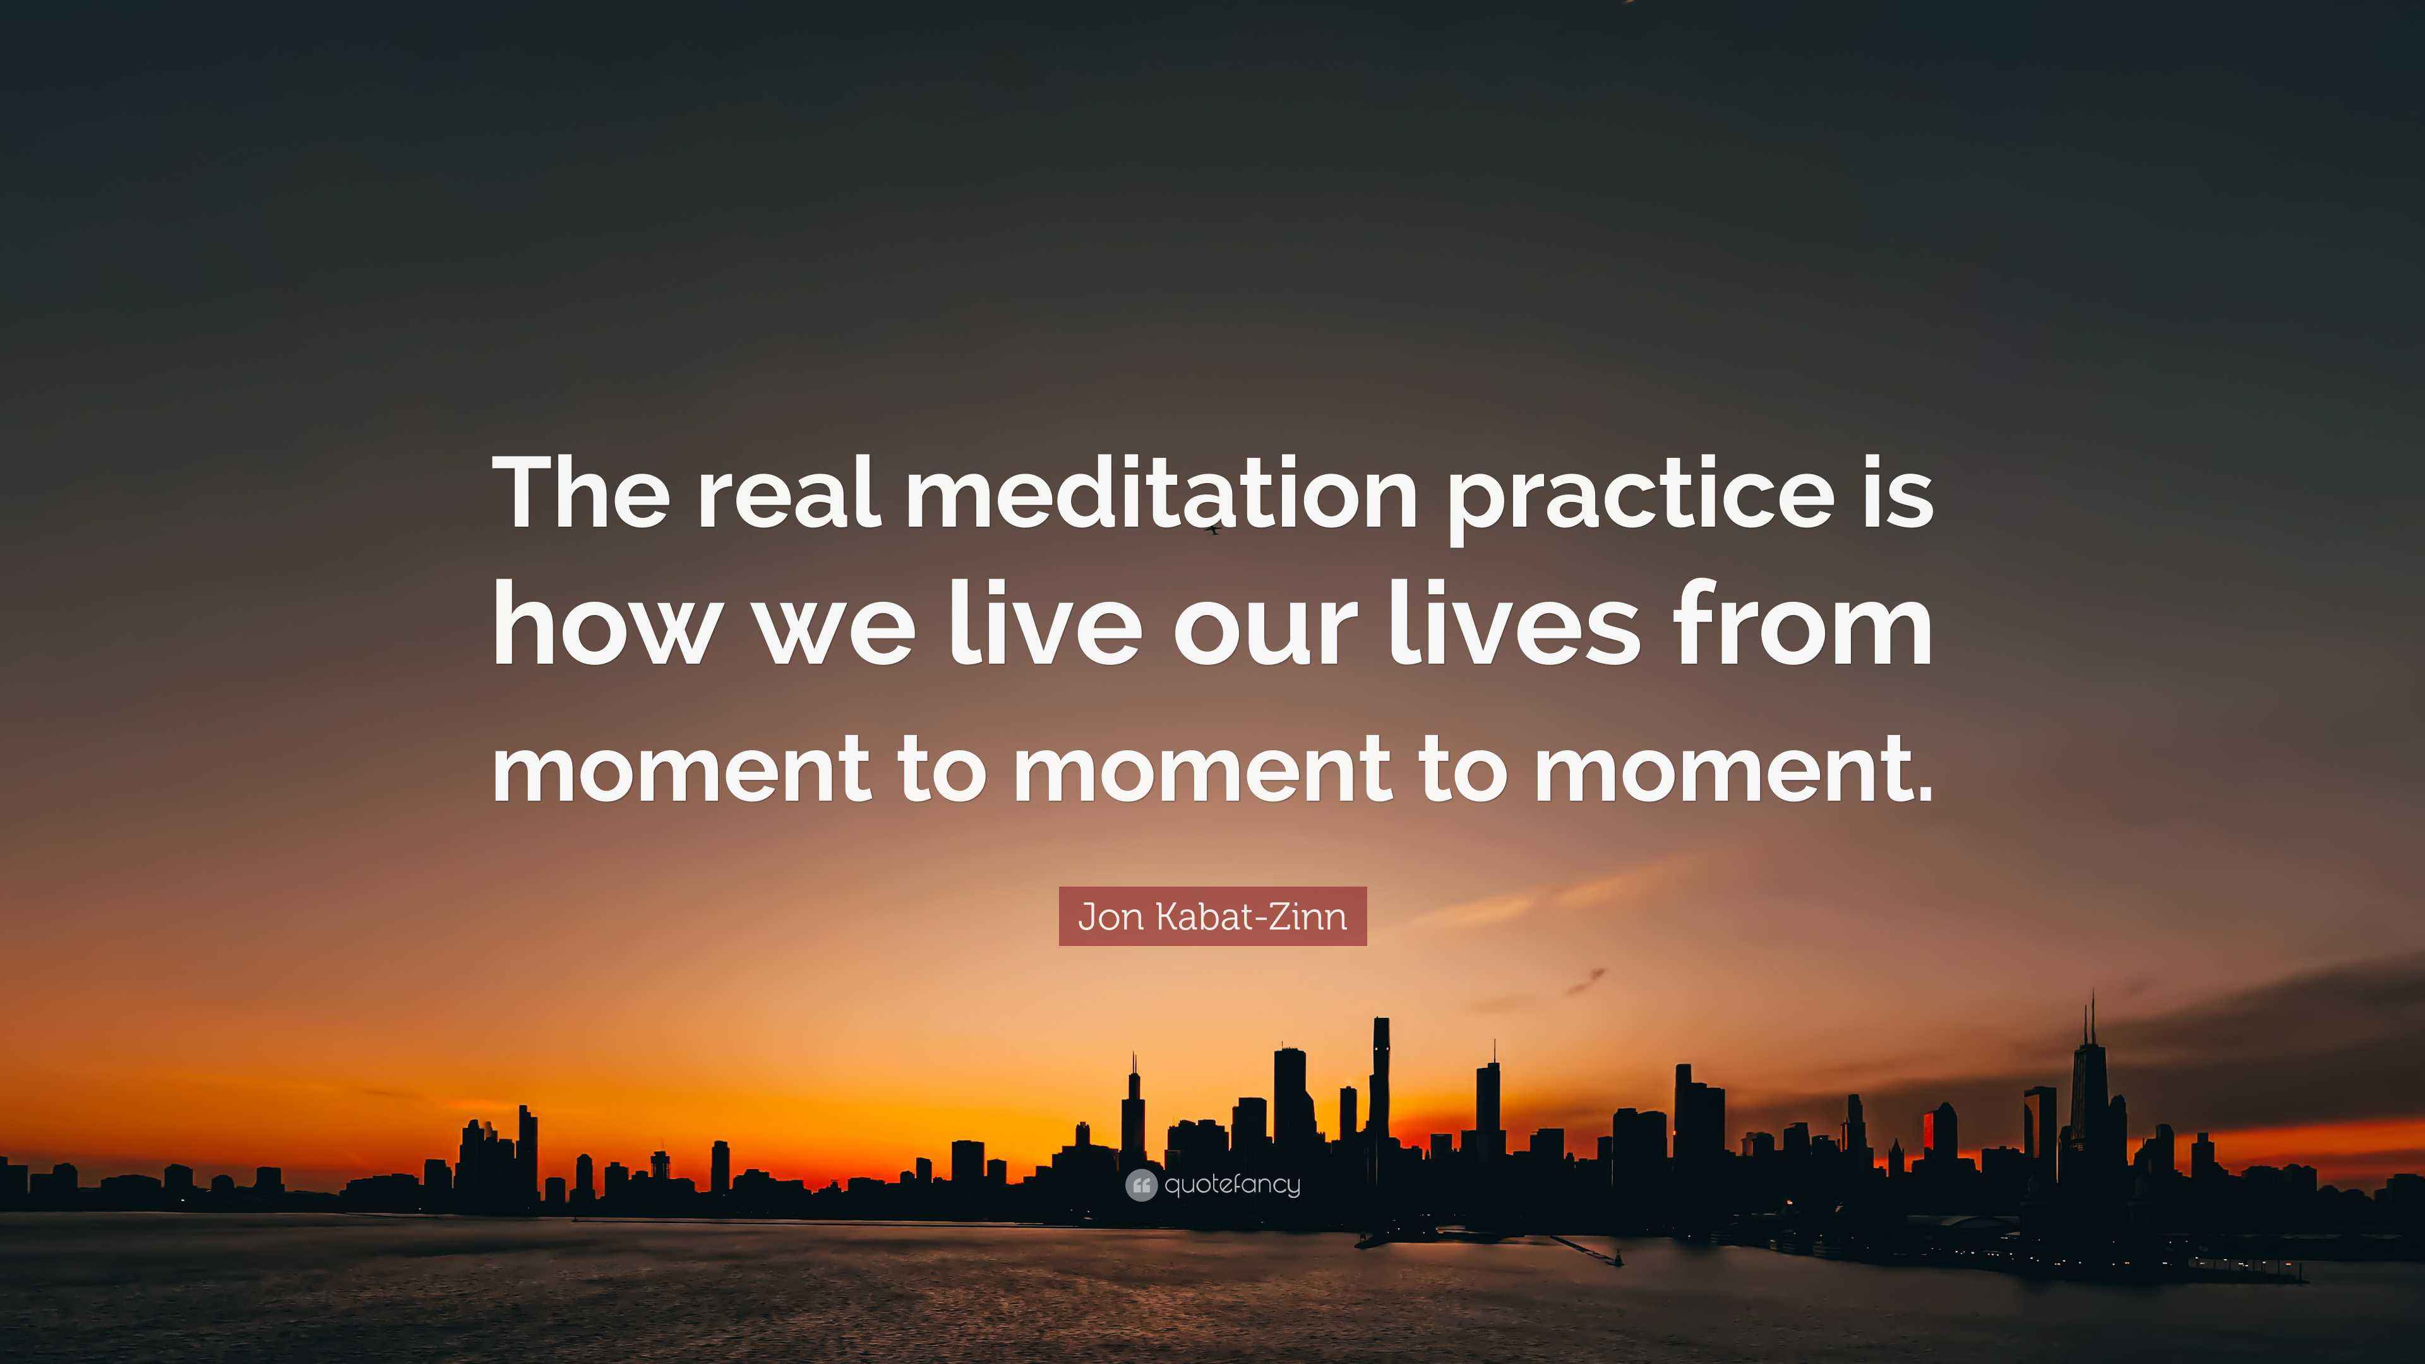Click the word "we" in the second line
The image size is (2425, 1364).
[x=837, y=637]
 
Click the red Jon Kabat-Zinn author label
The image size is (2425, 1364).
[x=1212, y=916]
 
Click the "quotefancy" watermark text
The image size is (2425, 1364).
[x=1231, y=1186]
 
